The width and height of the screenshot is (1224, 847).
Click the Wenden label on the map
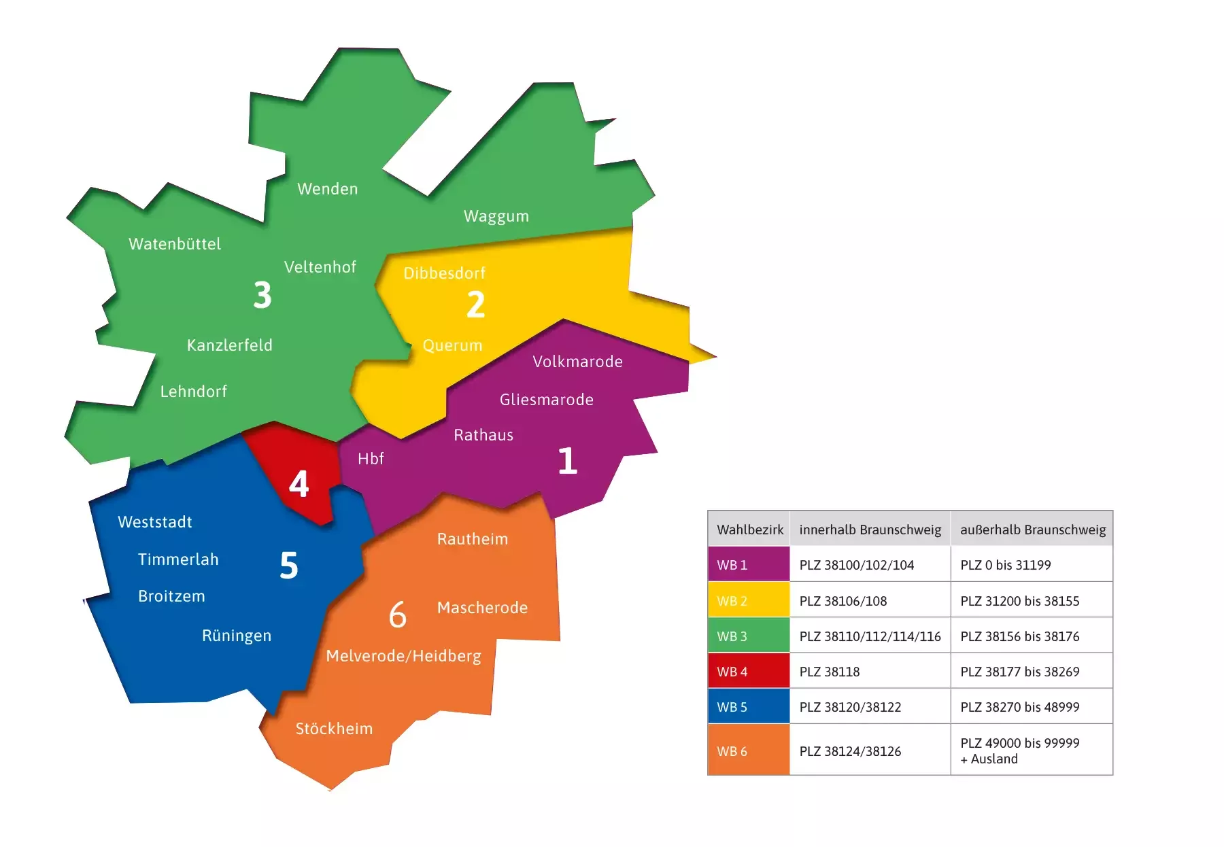[327, 189]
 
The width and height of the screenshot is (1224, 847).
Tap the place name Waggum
[496, 216]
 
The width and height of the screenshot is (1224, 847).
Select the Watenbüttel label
[175, 244]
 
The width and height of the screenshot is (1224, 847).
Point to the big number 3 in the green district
[262, 295]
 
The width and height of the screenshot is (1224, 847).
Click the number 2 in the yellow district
[475, 304]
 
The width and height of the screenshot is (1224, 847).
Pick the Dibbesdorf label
[444, 273]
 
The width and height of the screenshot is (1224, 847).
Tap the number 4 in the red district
[299, 484]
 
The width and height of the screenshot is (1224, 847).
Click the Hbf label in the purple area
[371, 459]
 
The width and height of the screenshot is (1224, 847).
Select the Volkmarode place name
[577, 362]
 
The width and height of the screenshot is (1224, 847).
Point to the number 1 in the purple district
[567, 461]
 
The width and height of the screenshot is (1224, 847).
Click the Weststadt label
[155, 522]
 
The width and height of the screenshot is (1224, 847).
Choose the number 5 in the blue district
[289, 566]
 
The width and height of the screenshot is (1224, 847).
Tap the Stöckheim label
[334, 729]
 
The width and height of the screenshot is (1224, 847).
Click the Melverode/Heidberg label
[403, 656]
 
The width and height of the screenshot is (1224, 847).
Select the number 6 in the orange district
[398, 615]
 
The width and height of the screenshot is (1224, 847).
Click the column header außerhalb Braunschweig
[1032, 530]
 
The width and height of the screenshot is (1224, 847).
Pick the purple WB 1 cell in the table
[748, 565]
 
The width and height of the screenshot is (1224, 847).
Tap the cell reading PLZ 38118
[830, 672]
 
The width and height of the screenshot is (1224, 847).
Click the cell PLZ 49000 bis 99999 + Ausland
[1019, 750]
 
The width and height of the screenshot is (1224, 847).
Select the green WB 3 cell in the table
[748, 636]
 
